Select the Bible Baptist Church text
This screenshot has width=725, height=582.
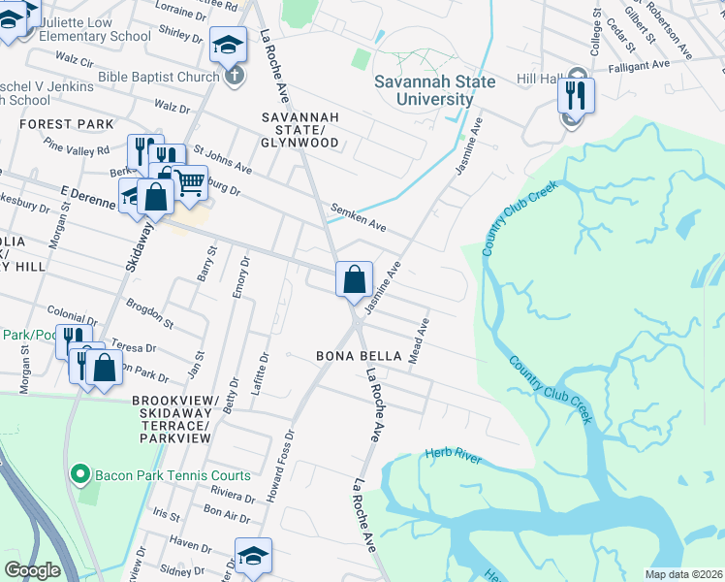click(159, 77)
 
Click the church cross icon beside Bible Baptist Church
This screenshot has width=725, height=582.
click(234, 77)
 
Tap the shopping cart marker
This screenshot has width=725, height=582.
click(190, 180)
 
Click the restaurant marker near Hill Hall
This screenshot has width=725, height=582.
click(575, 95)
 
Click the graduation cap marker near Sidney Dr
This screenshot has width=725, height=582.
click(253, 555)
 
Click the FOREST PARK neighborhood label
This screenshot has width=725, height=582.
click(66, 124)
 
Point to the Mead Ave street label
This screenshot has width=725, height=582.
click(418, 339)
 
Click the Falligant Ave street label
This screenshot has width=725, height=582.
click(640, 65)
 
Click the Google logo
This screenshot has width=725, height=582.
click(32, 570)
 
